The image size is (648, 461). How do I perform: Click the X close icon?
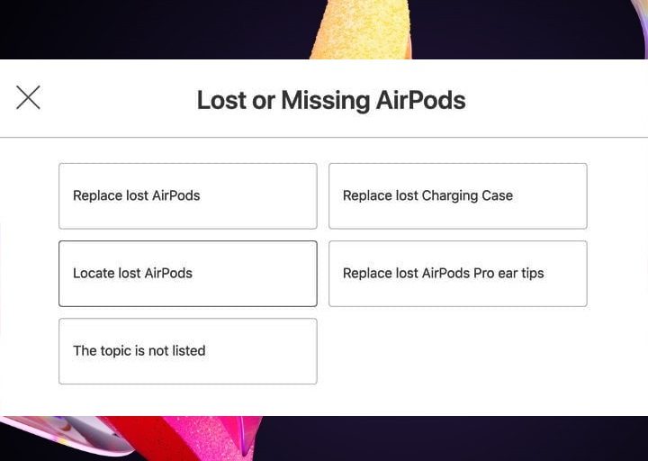click(x=28, y=97)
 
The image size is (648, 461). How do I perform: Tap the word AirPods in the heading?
click(x=420, y=100)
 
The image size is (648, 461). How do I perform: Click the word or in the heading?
click(x=264, y=100)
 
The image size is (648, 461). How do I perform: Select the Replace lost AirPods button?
click(x=187, y=195)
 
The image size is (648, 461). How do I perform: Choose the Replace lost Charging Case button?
click(x=457, y=195)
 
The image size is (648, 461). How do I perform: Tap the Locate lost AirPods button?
click(x=187, y=273)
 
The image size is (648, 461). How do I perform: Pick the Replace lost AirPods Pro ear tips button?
click(x=457, y=273)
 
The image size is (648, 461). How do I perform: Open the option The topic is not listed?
click(x=187, y=350)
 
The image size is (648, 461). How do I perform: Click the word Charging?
click(x=451, y=195)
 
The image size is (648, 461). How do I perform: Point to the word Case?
click(x=497, y=195)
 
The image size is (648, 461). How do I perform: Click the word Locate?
click(x=94, y=273)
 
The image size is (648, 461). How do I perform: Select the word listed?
click(x=188, y=350)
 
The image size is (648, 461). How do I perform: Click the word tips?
click(x=530, y=273)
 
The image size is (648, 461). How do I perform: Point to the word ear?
click(x=508, y=273)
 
